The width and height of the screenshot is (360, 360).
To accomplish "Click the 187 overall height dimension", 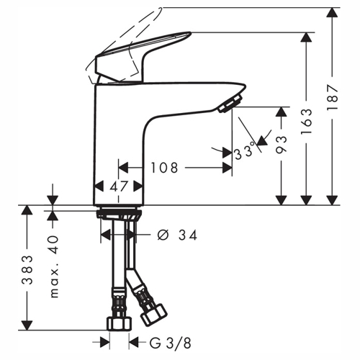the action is [333, 96].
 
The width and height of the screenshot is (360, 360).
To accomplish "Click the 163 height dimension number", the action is [307, 121].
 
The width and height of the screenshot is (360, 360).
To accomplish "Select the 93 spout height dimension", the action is [282, 145].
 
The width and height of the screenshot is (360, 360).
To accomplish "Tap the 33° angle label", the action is [244, 151].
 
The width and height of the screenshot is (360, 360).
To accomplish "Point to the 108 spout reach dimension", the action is [164, 168].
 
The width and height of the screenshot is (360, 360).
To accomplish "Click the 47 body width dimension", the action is [119, 186].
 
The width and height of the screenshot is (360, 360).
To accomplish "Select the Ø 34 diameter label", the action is [177, 235].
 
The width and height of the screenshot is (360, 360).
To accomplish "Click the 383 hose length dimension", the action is [27, 270].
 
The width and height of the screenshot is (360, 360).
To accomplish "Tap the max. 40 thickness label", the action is [54, 266].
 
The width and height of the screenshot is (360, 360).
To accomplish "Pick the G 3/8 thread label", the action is [171, 343].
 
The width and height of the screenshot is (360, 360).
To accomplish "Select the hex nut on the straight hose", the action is [119, 323].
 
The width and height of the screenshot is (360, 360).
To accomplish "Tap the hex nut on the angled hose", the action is [153, 315].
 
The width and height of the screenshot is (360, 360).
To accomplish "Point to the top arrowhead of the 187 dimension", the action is [333, 12].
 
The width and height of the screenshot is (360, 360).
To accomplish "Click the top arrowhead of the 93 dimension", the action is [282, 112].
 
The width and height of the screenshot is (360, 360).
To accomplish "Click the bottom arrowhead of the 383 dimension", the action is [27, 325].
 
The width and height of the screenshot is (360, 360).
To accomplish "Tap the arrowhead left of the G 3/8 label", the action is [105, 342].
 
